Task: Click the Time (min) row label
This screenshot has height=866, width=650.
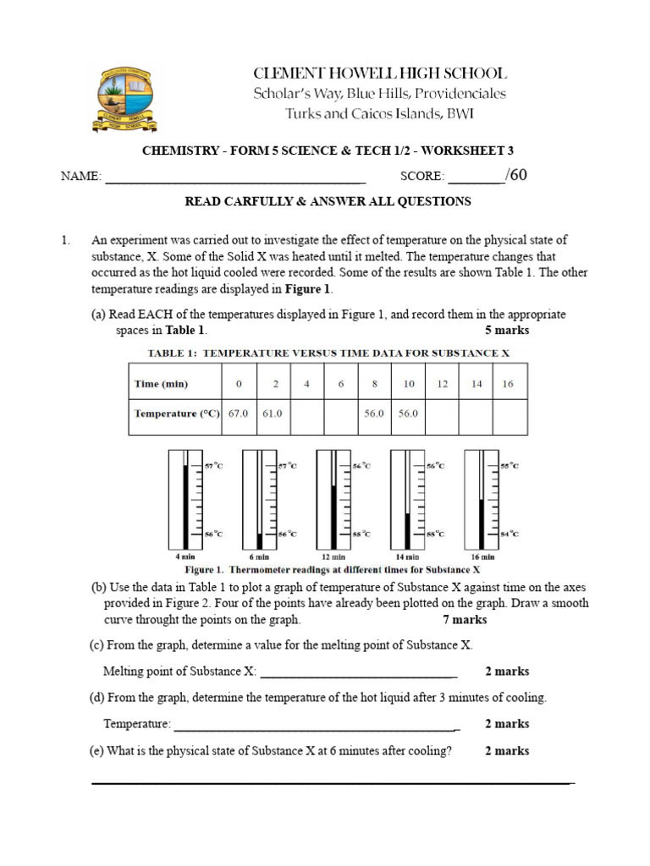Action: click(161, 383)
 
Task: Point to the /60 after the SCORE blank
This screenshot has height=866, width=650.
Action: click(516, 175)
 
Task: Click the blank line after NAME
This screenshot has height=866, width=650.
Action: click(234, 178)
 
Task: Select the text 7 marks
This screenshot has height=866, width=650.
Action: click(465, 620)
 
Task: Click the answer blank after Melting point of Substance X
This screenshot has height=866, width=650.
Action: click(359, 673)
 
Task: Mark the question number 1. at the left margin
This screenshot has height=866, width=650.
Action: click(65, 241)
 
